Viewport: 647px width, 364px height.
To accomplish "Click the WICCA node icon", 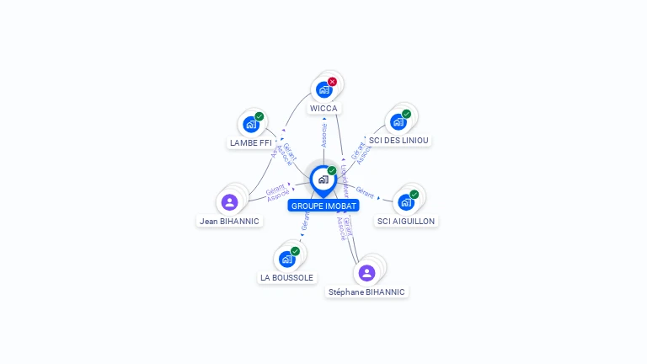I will [x=323, y=88].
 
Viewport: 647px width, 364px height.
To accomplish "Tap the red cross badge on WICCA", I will [x=332, y=82].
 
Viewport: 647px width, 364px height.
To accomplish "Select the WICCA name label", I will [x=323, y=109].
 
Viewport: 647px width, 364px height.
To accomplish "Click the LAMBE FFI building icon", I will [x=250, y=124].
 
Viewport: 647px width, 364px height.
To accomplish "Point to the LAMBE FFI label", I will [x=250, y=143].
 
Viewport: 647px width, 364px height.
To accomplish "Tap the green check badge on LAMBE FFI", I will [x=259, y=116].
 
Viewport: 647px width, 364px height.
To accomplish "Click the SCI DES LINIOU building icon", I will [x=398, y=121].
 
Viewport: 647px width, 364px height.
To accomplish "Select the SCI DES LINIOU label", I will [x=399, y=141].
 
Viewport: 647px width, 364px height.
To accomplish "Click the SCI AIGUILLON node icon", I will [x=406, y=202].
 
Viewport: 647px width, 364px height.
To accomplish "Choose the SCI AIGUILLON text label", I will [x=406, y=221].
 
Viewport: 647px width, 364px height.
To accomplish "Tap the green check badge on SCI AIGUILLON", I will [x=414, y=195].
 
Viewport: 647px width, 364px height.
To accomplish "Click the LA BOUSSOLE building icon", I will [x=286, y=259].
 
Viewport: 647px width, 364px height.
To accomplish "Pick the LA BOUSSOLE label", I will [x=286, y=277].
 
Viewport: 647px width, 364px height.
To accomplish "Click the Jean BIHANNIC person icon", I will [x=229, y=202].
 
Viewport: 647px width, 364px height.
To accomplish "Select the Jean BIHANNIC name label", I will [x=229, y=221].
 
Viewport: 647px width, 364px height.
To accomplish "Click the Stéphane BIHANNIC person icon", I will [x=366, y=273].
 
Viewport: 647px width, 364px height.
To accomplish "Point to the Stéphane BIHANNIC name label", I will [x=366, y=292].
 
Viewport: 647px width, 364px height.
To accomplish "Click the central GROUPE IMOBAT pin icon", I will [x=323, y=179].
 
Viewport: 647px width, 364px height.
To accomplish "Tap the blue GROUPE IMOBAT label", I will [x=323, y=206].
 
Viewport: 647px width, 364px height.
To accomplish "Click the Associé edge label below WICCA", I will [x=324, y=135].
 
